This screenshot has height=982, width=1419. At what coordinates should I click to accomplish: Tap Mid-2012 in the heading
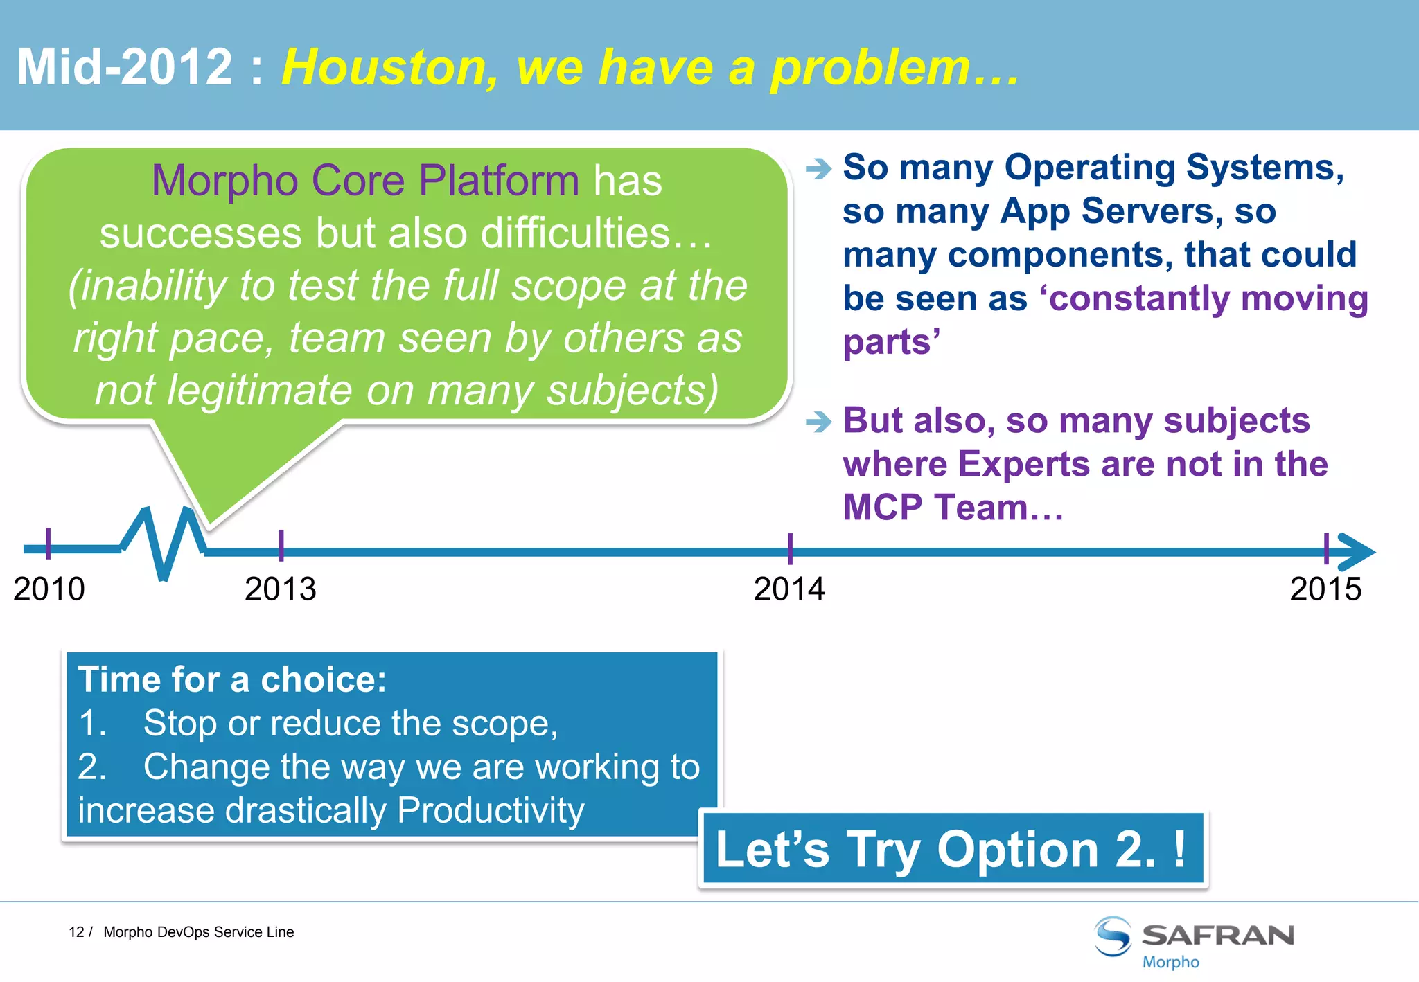pyautogui.click(x=125, y=68)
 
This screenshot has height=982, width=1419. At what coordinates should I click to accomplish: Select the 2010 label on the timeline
pyautogui.click(x=49, y=589)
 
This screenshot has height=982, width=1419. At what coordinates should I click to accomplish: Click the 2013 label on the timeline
pyautogui.click(x=280, y=589)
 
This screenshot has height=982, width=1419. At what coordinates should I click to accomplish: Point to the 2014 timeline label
pyautogui.click(x=789, y=589)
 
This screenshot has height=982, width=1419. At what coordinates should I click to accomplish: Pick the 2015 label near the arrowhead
pyautogui.click(x=1325, y=589)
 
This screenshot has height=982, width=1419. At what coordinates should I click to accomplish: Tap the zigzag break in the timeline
pyautogui.click(x=164, y=544)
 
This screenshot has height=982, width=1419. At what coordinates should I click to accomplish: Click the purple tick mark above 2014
pyautogui.click(x=790, y=548)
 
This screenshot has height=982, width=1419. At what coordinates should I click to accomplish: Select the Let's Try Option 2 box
pyautogui.click(x=953, y=849)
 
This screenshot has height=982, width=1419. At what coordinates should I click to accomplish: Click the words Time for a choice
pyautogui.click(x=232, y=679)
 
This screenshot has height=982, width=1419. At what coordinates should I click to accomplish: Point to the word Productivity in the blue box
pyautogui.click(x=491, y=810)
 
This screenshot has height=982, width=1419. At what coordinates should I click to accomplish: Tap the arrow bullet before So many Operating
pyautogui.click(x=818, y=168)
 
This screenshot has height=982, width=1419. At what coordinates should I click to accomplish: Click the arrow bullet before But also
pyautogui.click(x=818, y=421)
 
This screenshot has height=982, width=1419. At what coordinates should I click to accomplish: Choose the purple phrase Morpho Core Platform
pyautogui.click(x=365, y=181)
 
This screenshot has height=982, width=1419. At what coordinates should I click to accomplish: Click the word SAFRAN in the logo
pyautogui.click(x=1217, y=936)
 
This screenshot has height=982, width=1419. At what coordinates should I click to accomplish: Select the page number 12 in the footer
pyautogui.click(x=76, y=932)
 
